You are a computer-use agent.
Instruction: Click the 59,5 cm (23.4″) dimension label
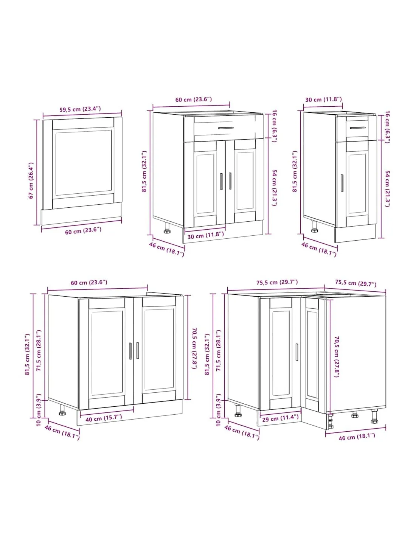80,109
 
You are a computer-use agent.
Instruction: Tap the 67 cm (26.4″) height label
31,180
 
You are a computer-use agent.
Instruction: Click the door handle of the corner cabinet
297,352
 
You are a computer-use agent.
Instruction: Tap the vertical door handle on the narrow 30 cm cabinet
342,183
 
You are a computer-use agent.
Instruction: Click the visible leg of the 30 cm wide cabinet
315,227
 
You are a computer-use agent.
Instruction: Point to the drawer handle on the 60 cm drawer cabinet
226,128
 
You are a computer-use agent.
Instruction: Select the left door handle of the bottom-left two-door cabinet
130,351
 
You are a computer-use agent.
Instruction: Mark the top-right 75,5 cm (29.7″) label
355,283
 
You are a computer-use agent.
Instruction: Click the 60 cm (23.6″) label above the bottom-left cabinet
89,282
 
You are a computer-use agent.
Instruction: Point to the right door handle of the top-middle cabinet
230,181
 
